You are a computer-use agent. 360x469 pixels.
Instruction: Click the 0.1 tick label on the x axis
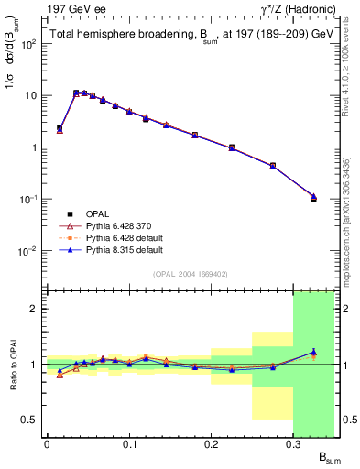coord(129,444)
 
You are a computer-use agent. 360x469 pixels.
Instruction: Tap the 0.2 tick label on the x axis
coord(212,444)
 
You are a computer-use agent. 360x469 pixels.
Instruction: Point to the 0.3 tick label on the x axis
coord(293,444)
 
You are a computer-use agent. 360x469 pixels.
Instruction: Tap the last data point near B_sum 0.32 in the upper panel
coord(313,198)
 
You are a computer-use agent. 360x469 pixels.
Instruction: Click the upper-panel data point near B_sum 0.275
coord(273,166)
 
